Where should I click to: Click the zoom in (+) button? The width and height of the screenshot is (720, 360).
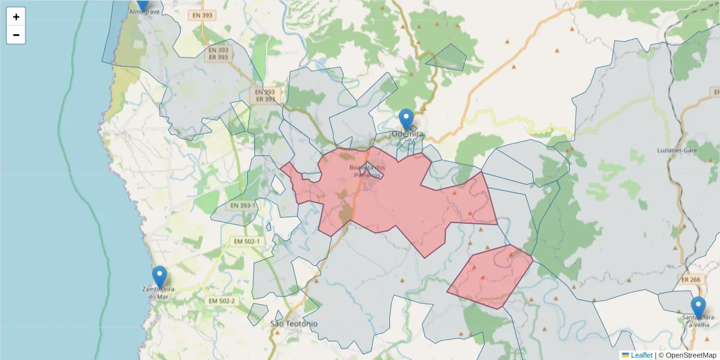pyautogui.click(x=16, y=17)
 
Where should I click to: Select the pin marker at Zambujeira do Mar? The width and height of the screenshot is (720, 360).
pyautogui.click(x=159, y=277)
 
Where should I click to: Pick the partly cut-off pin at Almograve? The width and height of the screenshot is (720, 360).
pyautogui.click(x=142, y=4)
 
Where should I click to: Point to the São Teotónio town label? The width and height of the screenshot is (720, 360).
pyautogui.click(x=294, y=324)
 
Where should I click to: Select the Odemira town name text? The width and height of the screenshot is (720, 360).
pyautogui.click(x=408, y=134)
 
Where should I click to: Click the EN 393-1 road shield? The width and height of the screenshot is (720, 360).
pyautogui.click(x=242, y=205)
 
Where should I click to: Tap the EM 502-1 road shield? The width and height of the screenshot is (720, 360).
pyautogui.click(x=247, y=241)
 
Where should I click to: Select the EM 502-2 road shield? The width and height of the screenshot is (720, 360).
pyautogui.click(x=221, y=301)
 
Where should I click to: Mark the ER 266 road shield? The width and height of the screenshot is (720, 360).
pyautogui.click(x=691, y=280)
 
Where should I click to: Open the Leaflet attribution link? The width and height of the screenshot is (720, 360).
pyautogui.click(x=641, y=355)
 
